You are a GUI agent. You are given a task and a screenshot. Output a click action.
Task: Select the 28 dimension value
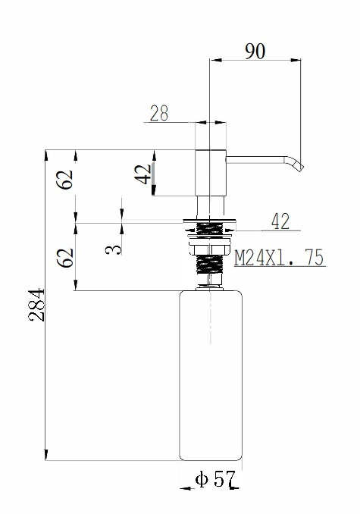159,113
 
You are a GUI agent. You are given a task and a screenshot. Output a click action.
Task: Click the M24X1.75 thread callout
279,258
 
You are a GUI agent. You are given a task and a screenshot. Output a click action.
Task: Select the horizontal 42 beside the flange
280,221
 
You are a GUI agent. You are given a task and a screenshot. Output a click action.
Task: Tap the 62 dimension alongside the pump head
66,179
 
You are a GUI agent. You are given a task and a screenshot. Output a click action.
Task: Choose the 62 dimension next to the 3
66,257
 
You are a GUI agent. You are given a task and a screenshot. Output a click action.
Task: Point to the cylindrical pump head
211,173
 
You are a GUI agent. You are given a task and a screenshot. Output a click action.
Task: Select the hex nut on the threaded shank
211,249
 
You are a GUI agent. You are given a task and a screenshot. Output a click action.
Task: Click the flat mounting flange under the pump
211,221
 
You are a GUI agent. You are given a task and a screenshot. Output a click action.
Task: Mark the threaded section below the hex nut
210,265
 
